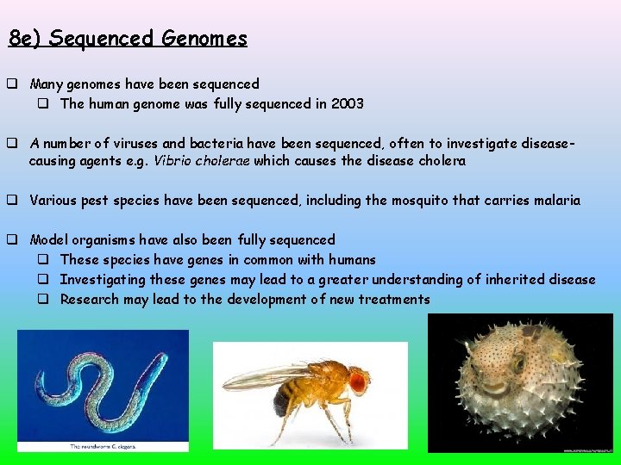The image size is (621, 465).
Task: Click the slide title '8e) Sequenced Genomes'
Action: (128, 39)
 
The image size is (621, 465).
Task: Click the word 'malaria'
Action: (555, 201)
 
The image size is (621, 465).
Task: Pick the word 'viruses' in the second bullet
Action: (161, 142)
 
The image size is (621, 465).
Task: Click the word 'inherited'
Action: (505, 279)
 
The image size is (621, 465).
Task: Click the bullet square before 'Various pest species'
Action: (14, 201)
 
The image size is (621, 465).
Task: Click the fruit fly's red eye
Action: (358, 379)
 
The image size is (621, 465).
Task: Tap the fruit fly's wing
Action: (267, 376)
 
